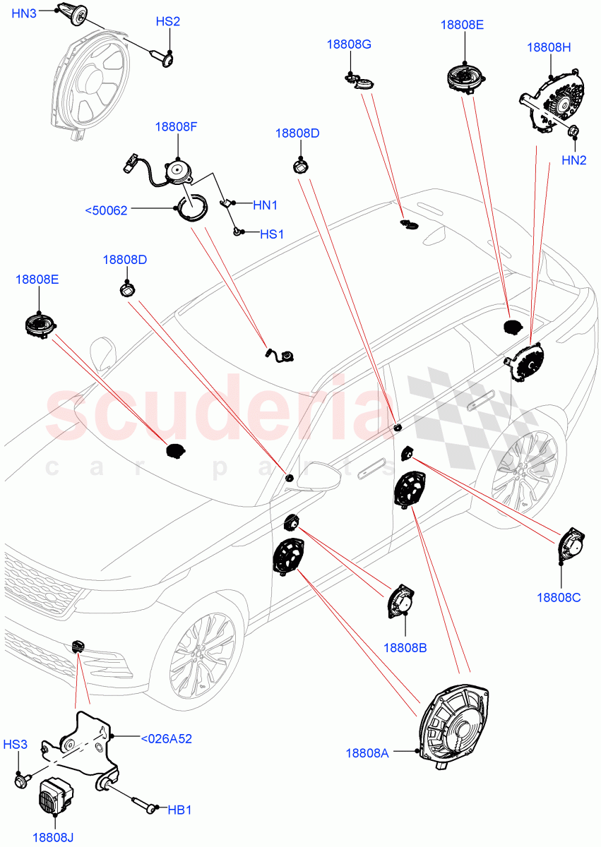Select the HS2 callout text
point(167,22)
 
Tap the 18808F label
point(177,127)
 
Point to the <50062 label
point(106,210)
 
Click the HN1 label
point(265,205)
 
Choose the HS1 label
point(270,234)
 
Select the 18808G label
point(349,44)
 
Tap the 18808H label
point(549,47)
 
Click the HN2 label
point(574,160)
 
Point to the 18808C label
point(558,597)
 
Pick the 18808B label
point(405,647)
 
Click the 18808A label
point(367,753)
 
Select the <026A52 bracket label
point(166,739)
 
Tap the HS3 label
point(16,745)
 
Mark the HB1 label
point(179,810)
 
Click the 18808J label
point(53,838)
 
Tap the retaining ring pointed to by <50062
point(192,209)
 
